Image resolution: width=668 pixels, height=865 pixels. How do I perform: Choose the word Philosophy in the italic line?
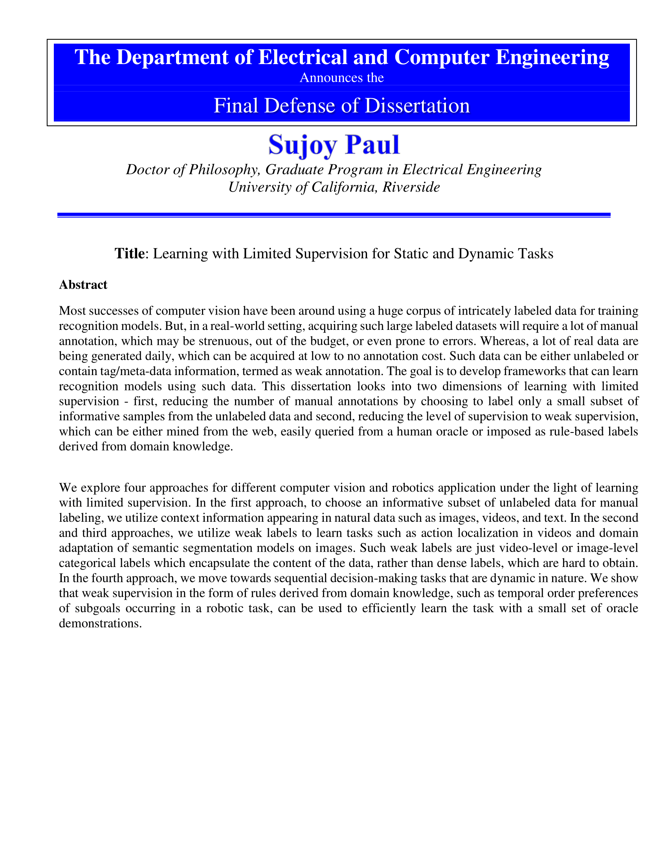224,169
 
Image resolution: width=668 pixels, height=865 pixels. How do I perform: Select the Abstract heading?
83,285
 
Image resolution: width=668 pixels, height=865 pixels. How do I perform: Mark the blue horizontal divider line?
334,215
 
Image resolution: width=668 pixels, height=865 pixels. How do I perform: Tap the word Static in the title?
411,254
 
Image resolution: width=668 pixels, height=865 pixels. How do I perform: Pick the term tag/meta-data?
127,371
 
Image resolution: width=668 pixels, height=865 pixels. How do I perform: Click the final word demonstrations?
100,623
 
